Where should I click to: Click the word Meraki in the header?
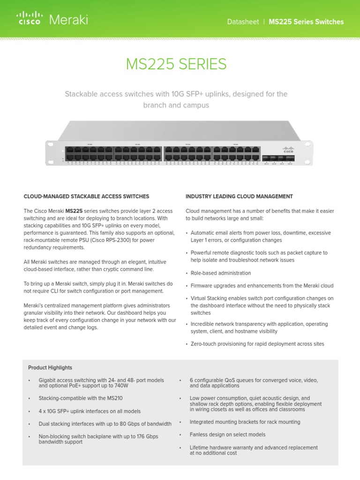pyautogui.click(x=68, y=20)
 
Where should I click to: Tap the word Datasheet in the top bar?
pyautogui.click(x=243, y=22)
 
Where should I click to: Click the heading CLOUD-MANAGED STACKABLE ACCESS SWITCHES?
pyautogui.click(x=86, y=196)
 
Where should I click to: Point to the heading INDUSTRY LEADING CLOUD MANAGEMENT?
pyautogui.click(x=239, y=196)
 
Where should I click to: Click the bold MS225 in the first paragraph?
pyautogui.click(x=75, y=211)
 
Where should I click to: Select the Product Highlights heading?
pyautogui.click(x=50, y=367)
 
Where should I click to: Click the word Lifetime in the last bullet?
pyautogui.click(x=200, y=448)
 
